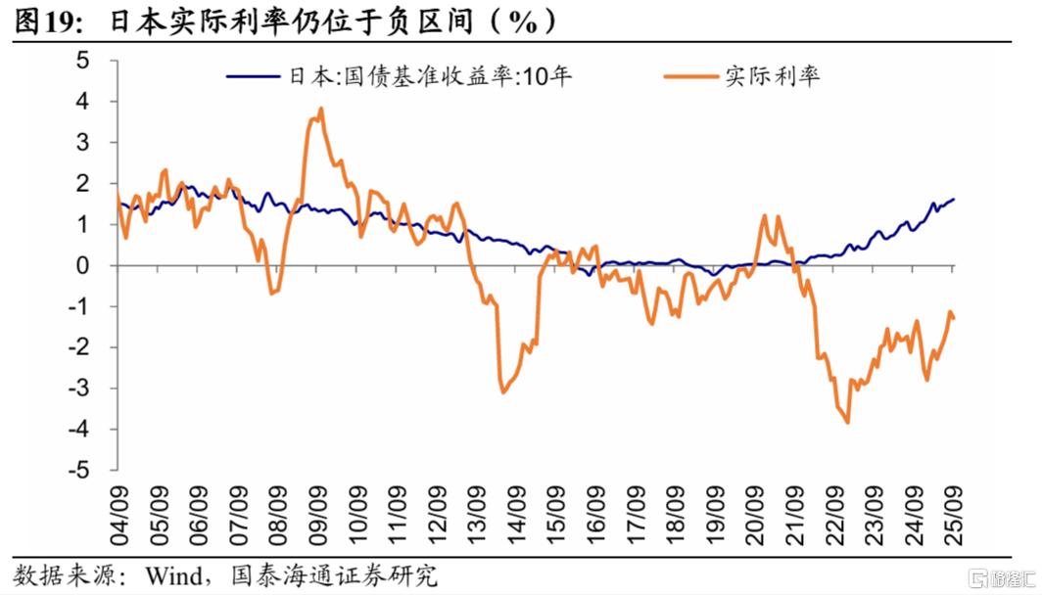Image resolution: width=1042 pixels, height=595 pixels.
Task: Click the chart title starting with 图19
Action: click(285, 22)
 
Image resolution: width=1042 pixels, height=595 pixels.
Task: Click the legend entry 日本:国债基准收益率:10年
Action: click(399, 76)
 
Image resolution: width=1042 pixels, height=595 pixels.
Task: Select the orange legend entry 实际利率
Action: click(741, 76)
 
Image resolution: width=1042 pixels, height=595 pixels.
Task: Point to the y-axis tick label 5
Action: click(82, 61)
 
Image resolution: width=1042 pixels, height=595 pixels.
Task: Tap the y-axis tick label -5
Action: click(78, 470)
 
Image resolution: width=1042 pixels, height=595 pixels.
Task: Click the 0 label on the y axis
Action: click(82, 265)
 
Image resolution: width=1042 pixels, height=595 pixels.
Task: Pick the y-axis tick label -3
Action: click(78, 388)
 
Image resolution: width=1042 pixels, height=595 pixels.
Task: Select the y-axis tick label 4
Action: click(82, 102)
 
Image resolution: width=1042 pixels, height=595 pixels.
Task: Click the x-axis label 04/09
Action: click(118, 516)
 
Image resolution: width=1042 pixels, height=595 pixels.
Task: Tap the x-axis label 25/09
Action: click(954, 516)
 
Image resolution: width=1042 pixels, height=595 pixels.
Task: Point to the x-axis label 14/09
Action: click(516, 516)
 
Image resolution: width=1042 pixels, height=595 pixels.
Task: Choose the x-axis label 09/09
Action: click(317, 516)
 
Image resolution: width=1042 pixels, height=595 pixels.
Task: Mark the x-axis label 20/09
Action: click(755, 516)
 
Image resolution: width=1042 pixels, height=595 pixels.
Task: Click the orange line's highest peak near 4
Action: click(321, 109)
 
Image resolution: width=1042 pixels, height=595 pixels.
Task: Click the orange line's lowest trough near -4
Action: click(847, 423)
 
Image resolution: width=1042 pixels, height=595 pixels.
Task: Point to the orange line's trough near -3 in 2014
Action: click(502, 391)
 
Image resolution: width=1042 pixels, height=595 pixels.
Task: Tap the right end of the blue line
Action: click(954, 199)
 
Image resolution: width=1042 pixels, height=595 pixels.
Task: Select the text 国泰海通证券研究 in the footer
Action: click(334, 575)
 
